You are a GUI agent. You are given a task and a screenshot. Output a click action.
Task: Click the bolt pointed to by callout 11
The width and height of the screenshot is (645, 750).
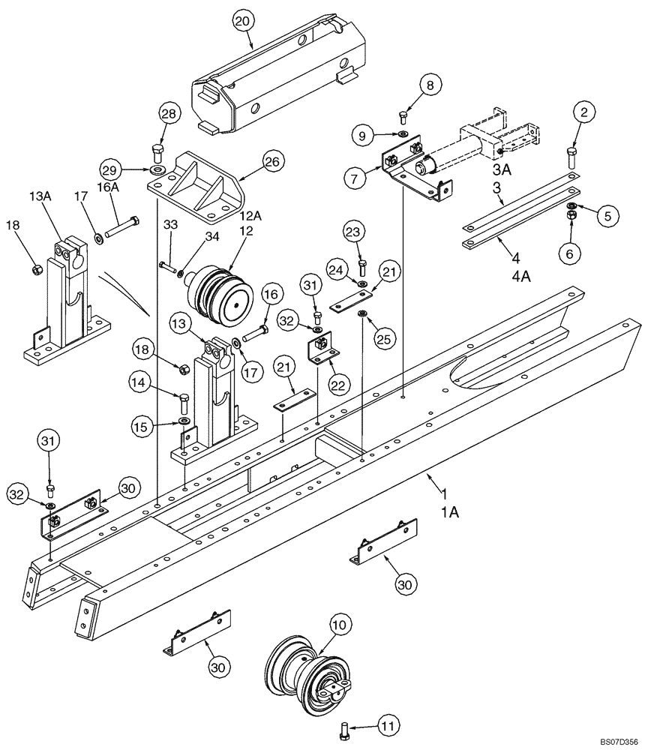(344, 727)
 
